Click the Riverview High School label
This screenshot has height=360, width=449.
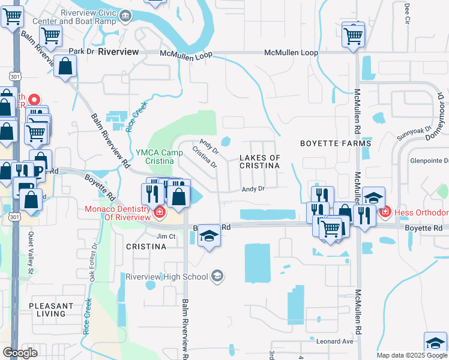point(166,277)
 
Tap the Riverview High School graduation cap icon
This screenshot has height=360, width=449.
point(217,276)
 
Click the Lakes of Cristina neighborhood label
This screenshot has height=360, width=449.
point(259,161)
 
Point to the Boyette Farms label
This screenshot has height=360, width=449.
point(336,144)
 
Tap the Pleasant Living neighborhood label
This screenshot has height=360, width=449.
point(51,310)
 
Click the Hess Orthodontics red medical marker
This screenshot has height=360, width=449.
point(384,212)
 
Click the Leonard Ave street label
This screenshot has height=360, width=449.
point(334,341)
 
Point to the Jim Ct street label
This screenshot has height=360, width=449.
point(166,236)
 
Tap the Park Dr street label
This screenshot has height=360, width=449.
point(82,52)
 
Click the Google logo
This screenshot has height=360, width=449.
point(20,353)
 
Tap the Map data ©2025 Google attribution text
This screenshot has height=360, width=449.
point(412,355)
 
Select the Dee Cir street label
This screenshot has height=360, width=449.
point(407,11)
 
